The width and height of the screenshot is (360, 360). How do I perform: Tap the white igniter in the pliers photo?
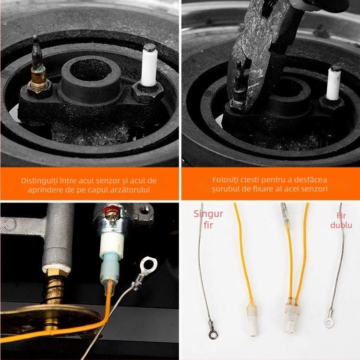tap(334, 84)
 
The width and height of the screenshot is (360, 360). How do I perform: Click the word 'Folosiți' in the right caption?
tap(225, 180)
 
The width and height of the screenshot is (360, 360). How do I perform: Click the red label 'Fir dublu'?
tap(341, 220)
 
